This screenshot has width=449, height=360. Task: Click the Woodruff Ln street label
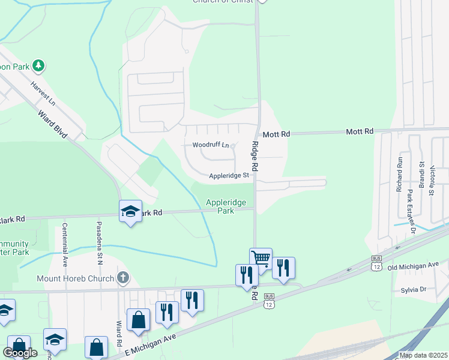tap(210, 145)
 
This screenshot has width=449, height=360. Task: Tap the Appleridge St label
tap(229, 176)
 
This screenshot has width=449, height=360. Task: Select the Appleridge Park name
tap(226, 207)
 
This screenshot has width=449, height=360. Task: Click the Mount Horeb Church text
tap(75, 278)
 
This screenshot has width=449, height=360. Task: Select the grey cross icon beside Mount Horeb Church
tap(123, 277)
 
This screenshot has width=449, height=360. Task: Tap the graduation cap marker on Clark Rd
tap(130, 211)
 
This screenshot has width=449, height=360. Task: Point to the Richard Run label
tap(399, 174)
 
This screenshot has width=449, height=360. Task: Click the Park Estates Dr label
tap(411, 211)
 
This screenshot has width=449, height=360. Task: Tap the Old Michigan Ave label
tap(414, 265)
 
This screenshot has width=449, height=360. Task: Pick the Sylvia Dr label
tap(413, 290)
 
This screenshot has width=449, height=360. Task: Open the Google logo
tap(20, 353)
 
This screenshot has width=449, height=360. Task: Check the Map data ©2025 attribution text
tap(423, 355)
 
